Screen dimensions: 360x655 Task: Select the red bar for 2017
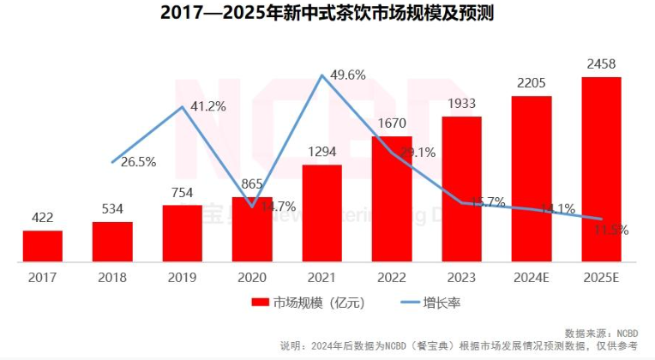pos(42,245)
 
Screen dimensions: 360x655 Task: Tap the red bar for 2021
pos(322,213)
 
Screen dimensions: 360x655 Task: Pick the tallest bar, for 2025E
pos(601,168)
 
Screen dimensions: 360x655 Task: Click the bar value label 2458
pos(601,64)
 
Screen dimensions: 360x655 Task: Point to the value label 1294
pos(322,152)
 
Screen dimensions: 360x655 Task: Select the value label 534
pos(112,208)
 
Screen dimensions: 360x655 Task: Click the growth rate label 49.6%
pos(347,75)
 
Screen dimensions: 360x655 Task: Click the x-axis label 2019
pos(183,277)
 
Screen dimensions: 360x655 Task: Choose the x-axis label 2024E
pos(532,277)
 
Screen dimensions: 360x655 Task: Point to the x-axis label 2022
pos(392,277)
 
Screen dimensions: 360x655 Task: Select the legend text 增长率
pos(442,303)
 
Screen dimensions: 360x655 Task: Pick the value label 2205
pos(532,83)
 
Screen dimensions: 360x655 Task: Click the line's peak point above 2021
pos(322,75)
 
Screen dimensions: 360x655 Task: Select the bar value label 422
pos(42,218)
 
